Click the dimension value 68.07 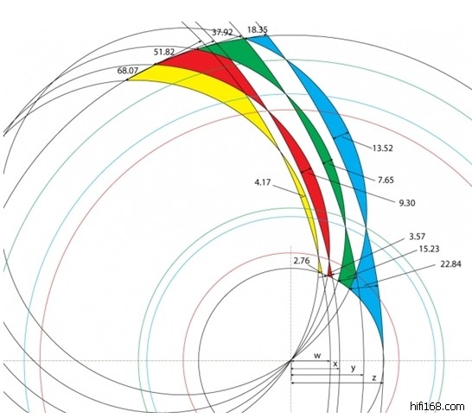128,71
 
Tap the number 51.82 164,53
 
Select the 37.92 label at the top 222,32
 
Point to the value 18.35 258,29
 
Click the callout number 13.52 383,149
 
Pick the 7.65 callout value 386,180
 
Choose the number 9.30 407,203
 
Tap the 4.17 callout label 263,182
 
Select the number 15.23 430,249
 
